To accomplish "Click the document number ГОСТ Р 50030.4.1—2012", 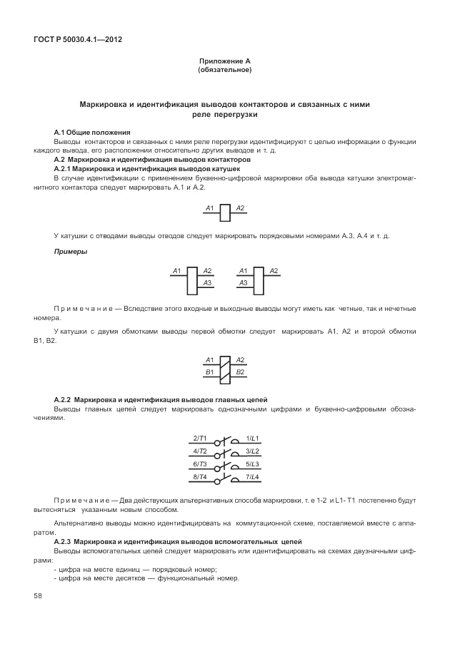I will tap(77, 40).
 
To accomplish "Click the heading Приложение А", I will tap(224, 62).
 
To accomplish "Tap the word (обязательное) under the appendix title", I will tap(224, 70).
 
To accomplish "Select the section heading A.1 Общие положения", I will tap(92, 133).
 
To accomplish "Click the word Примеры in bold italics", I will tap(71, 252).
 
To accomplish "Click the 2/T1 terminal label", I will tap(200, 437).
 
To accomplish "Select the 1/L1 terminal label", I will tap(252, 437).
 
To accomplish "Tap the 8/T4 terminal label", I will tap(200, 476).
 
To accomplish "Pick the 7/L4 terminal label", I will tap(252, 476).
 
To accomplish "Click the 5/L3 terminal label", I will tap(252, 463).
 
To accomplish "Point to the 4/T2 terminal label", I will tap(200, 451).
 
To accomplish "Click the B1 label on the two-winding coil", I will tap(209, 372).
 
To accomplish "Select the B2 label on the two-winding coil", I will tap(241, 372).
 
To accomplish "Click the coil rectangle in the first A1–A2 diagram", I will tap(225, 212).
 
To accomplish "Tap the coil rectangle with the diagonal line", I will tap(225, 366).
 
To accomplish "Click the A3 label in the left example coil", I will tap(207, 283).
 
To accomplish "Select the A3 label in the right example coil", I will tap(243, 283).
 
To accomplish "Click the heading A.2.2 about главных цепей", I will tap(161, 399).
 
